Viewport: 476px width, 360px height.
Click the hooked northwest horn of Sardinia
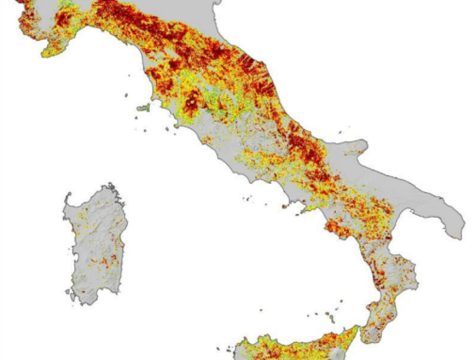click(x=67, y=199)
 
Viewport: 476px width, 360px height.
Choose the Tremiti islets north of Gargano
click(x=342, y=132)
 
